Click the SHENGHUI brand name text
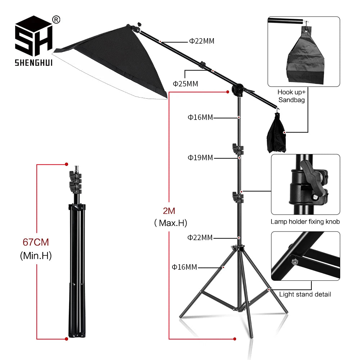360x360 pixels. point(33,63)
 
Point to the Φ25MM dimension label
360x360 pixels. point(185,84)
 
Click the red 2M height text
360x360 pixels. point(168,211)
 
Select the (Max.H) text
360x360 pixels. point(170,223)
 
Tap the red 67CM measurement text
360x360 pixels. point(36,242)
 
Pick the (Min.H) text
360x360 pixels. point(36,256)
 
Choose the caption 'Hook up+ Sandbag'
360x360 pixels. point(291,96)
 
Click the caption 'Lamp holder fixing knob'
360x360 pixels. point(305,222)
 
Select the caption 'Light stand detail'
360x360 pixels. point(305,294)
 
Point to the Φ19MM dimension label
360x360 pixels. point(200,158)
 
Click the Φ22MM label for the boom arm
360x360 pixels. point(202,41)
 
